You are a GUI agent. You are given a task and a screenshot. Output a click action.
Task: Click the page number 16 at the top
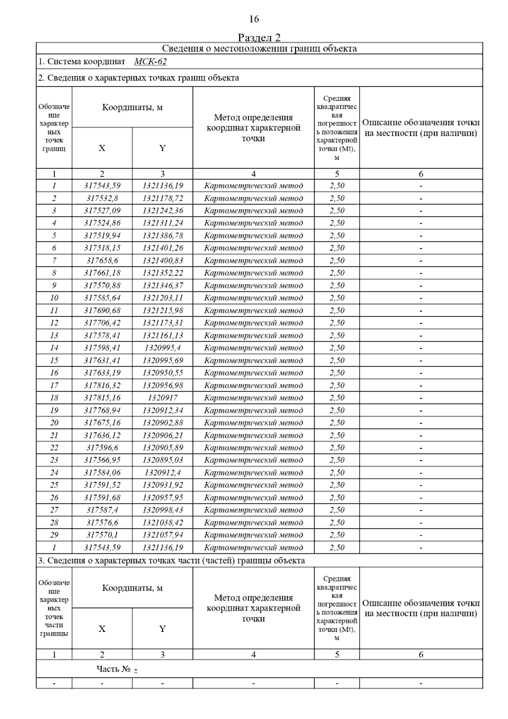tap(254, 19)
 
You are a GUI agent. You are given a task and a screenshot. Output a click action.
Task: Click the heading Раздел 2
tap(259, 38)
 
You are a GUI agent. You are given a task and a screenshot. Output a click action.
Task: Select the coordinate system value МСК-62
tap(150, 62)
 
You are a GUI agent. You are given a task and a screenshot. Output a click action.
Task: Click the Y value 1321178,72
tap(163, 198)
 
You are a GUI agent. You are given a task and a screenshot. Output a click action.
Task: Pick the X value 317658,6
tap(102, 260)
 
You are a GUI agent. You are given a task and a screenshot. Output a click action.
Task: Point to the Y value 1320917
tap(163, 398)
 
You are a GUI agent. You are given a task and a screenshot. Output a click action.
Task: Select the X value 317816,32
tap(102, 385)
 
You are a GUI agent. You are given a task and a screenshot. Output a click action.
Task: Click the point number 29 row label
tap(54, 535)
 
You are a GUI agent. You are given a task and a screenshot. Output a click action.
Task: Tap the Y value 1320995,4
tap(163, 348)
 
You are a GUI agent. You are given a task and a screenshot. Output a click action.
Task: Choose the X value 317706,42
tap(102, 323)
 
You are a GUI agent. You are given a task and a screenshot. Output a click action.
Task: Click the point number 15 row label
tap(54, 360)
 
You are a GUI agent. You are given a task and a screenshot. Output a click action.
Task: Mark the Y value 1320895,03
tap(163, 460)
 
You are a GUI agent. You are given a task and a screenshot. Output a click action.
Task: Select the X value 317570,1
tap(102, 535)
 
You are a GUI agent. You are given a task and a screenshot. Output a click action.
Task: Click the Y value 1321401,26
tap(163, 248)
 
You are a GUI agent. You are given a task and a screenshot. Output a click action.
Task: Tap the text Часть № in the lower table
tap(113, 669)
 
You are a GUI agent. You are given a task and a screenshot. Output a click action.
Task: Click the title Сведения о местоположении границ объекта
tap(259, 49)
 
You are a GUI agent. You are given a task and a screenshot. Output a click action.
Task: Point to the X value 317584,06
tap(102, 473)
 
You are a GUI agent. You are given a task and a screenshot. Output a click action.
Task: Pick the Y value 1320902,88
tap(163, 423)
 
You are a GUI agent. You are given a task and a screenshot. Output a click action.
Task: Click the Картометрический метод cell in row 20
tap(253, 423)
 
